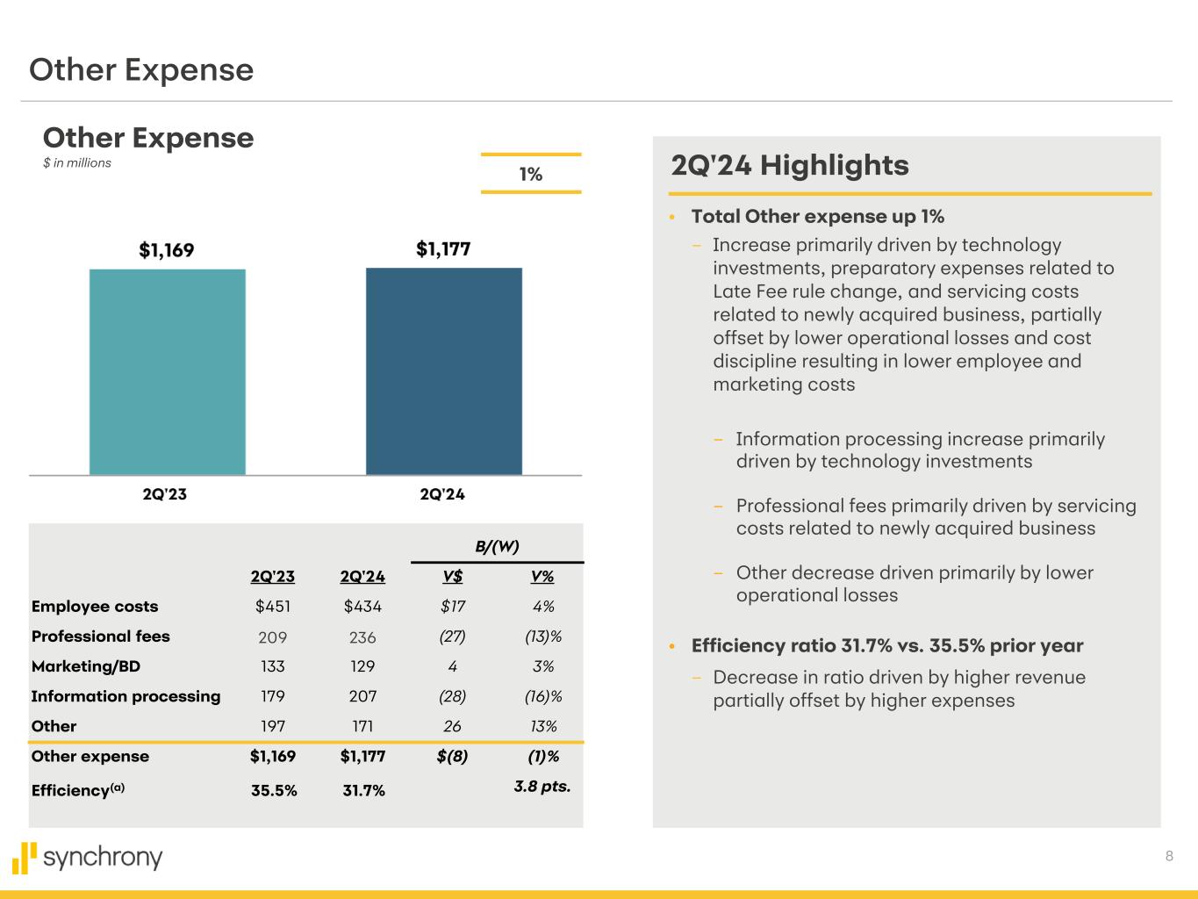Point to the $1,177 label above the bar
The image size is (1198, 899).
pos(443,249)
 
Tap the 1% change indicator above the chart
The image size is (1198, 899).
pos(531,174)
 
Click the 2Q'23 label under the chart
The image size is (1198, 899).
pos(165,493)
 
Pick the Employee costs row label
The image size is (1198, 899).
pos(95,607)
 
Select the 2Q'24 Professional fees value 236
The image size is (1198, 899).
pos(362,637)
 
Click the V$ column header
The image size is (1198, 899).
pos(453,577)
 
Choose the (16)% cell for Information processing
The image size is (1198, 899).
pos(542,696)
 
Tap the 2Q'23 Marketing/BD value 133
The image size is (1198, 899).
pos(273,666)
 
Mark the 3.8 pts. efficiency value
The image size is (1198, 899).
pos(542,787)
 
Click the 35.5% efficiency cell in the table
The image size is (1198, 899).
pos(274,790)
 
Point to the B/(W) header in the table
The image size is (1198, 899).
pos(497,546)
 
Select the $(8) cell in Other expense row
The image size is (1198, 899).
pos(452,756)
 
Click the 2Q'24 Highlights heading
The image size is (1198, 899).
pos(790,165)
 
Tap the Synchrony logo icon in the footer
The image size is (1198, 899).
pos(25,858)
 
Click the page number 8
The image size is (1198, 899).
pos(1169,856)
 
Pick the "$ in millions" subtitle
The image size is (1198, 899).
pos(77,163)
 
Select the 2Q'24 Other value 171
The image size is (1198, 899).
pos(362,726)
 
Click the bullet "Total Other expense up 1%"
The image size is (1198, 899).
pos(817,216)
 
